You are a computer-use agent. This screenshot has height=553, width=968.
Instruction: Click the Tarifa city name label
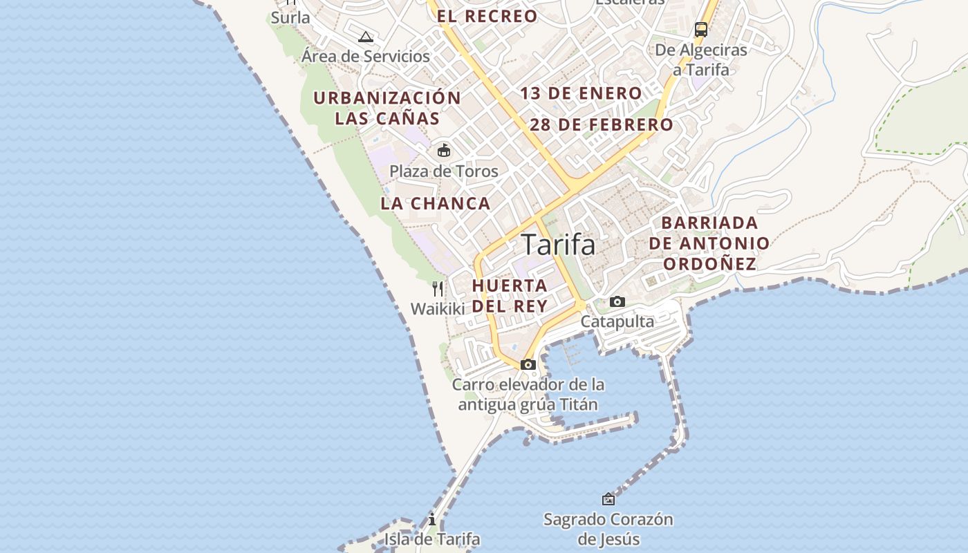(x=557, y=245)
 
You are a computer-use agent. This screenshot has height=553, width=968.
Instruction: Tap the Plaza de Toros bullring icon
(x=444, y=150)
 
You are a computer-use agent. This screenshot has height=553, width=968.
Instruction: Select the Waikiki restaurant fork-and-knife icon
(x=438, y=288)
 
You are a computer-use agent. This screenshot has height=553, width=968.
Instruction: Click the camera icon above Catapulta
(x=617, y=301)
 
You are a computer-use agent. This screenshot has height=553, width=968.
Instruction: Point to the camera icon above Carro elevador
(x=528, y=364)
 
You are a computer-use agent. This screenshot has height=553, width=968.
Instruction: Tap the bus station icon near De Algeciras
(x=701, y=30)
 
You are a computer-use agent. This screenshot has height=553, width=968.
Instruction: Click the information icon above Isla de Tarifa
(x=432, y=519)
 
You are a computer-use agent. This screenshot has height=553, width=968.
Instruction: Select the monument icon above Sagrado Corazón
(x=608, y=498)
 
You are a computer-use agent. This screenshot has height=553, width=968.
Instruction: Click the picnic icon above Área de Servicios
(x=366, y=37)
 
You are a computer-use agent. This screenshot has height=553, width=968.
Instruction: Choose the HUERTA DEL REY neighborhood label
(x=510, y=295)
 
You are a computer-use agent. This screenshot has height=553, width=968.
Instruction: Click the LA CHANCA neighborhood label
(x=436, y=204)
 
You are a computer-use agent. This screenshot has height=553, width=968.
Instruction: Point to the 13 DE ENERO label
(x=581, y=93)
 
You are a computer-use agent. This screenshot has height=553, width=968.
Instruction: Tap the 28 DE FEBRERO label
(x=602, y=125)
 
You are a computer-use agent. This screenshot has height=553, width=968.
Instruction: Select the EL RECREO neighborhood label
(x=487, y=17)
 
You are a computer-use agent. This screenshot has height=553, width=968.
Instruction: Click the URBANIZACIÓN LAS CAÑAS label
(x=387, y=108)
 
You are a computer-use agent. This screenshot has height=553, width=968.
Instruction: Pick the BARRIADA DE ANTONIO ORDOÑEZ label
(x=709, y=243)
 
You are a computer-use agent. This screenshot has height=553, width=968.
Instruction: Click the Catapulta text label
(x=617, y=321)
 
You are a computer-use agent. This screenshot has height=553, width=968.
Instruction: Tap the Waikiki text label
(x=438, y=309)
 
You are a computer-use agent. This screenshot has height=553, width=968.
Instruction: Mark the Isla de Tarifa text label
(x=432, y=539)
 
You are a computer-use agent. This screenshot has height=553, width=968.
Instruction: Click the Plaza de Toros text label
(x=444, y=171)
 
